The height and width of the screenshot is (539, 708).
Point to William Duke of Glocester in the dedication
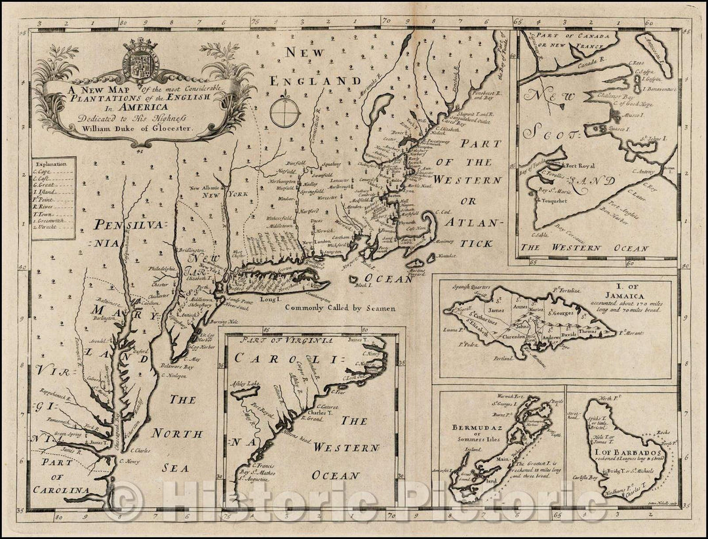[144, 129]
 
